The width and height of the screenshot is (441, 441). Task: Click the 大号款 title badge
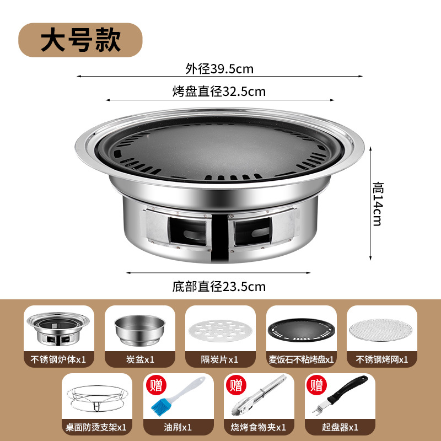[x=80, y=40]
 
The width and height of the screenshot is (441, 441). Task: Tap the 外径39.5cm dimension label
[x=219, y=69]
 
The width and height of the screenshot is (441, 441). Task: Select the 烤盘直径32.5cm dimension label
[x=219, y=92]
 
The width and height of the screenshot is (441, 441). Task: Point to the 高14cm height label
[x=378, y=204]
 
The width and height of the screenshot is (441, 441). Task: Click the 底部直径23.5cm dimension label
[x=219, y=287]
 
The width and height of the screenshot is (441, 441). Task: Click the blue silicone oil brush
[x=178, y=396]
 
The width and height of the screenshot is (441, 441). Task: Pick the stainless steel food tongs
[x=259, y=395]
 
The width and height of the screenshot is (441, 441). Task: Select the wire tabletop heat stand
[x=97, y=399]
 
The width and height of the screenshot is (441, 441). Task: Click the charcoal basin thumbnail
[x=140, y=330]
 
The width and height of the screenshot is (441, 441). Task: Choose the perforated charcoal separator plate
[x=220, y=331]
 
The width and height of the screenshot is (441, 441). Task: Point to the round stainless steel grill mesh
[x=380, y=330]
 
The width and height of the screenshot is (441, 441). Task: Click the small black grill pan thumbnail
[x=302, y=330]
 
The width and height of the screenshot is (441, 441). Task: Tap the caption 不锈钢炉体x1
[x=58, y=359]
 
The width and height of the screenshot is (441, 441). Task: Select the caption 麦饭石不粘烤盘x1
[x=301, y=359]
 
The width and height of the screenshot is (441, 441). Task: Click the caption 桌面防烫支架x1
[x=96, y=428]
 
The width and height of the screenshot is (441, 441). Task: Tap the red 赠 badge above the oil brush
[x=157, y=385]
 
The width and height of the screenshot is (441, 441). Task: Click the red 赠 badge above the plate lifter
[x=316, y=385]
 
